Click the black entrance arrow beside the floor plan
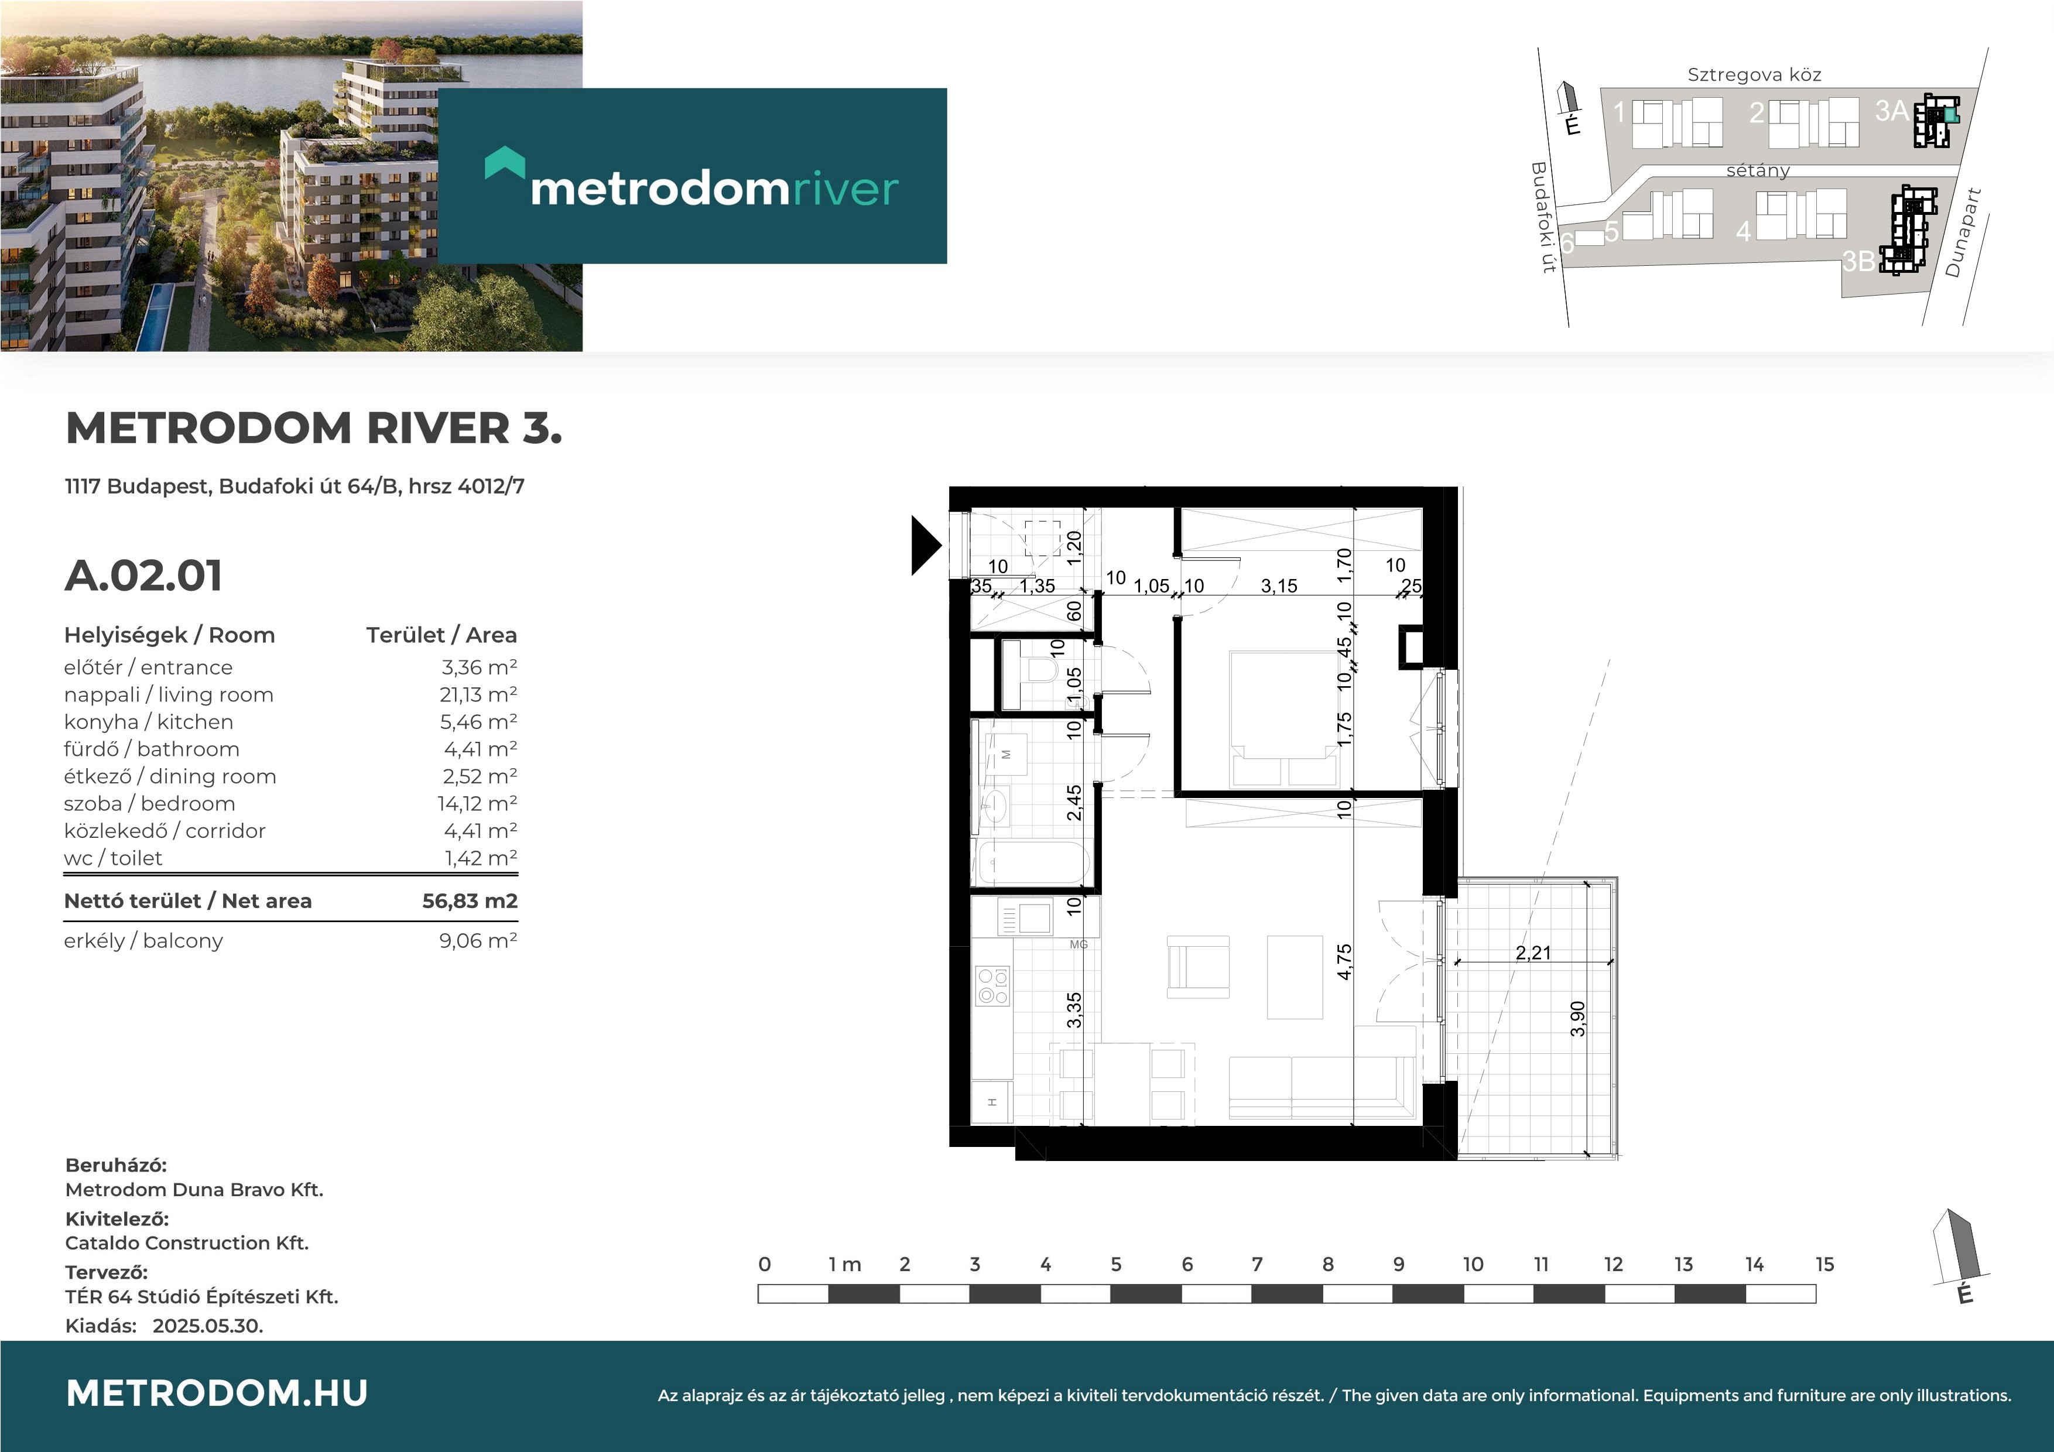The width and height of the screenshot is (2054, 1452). pyautogui.click(x=926, y=545)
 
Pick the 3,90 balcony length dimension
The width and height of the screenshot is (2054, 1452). pyautogui.click(x=1578, y=1018)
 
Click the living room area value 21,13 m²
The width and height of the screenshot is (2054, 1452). pyautogui.click(x=478, y=695)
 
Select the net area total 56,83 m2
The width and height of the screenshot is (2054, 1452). pyautogui.click(x=470, y=901)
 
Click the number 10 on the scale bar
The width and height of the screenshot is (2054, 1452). pyautogui.click(x=1473, y=1264)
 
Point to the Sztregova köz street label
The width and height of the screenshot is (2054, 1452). pyautogui.click(x=1754, y=75)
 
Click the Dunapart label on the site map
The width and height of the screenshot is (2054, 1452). pyautogui.click(x=1963, y=232)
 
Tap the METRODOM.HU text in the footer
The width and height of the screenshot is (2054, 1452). pyautogui.click(x=217, y=1393)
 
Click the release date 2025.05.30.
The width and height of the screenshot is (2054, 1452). pyautogui.click(x=207, y=1326)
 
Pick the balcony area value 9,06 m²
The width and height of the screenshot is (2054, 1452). pyautogui.click(x=478, y=941)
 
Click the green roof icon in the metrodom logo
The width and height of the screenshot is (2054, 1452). pyautogui.click(x=505, y=163)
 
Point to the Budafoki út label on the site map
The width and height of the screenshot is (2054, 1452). pyautogui.click(x=1543, y=217)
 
